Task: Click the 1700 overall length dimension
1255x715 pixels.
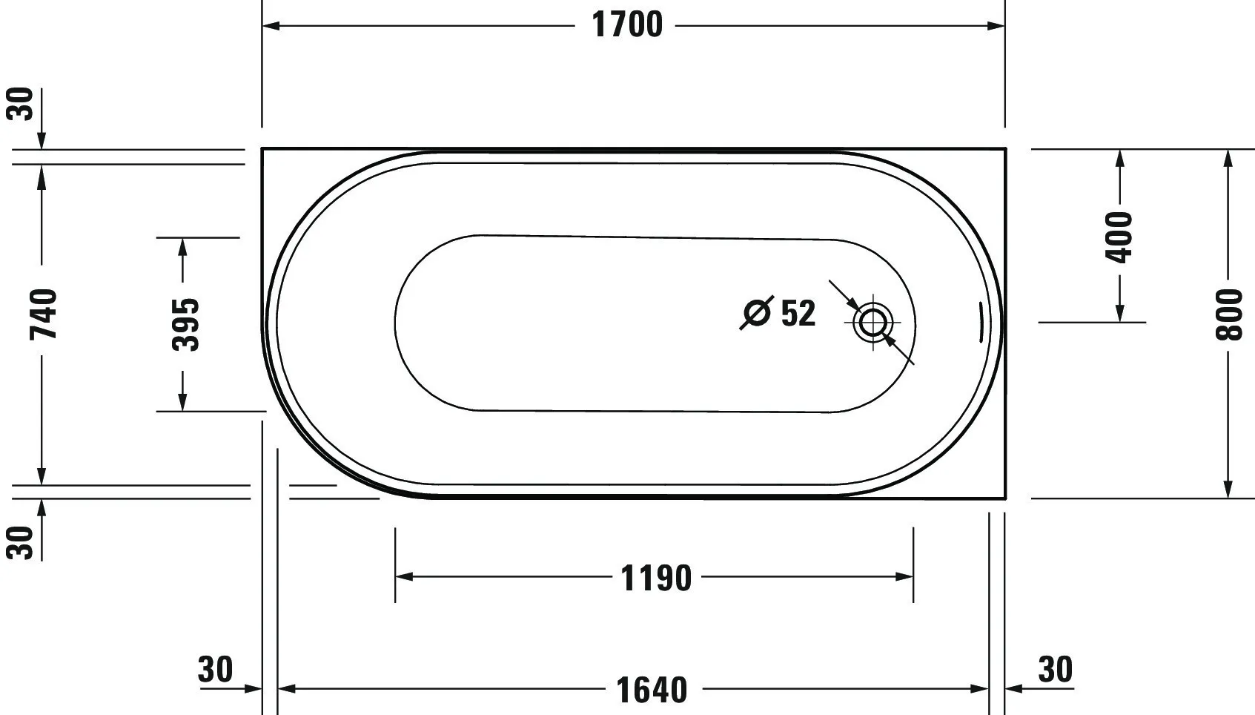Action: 627,24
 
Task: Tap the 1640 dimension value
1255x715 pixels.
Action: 652,690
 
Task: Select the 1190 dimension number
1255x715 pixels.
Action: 656,577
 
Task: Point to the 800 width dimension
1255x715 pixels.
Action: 1228,314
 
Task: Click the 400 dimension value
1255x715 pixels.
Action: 1119,237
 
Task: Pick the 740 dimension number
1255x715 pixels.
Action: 43,314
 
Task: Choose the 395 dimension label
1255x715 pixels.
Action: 185,324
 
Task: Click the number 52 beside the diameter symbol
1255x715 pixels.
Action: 798,313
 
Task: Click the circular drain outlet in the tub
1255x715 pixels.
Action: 872,323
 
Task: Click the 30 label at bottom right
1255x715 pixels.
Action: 1055,669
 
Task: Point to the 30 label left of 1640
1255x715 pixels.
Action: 216,669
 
